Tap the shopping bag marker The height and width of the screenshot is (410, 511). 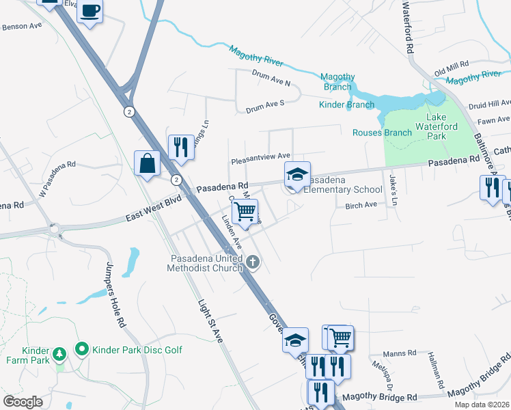click(148, 163)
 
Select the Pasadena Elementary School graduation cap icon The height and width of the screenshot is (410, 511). click(297, 175)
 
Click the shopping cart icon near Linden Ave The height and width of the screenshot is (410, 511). click(245, 211)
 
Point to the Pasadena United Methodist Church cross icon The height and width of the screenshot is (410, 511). click(253, 262)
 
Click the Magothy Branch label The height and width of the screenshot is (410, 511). click(338, 81)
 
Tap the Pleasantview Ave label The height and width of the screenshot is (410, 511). click(260, 157)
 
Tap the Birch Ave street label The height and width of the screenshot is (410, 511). click(361, 205)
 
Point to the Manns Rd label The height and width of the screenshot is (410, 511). click(399, 353)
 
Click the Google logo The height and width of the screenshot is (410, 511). click(23, 401)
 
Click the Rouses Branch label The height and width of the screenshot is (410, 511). click(382, 133)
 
